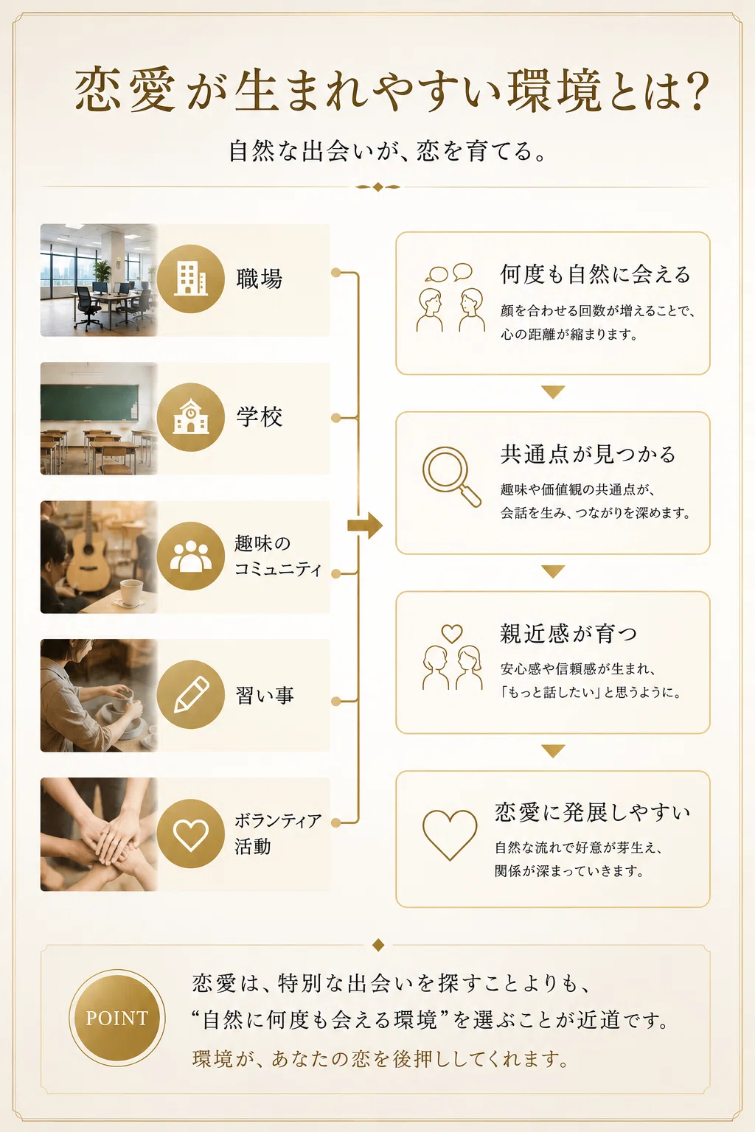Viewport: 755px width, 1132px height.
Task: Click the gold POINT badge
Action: pos(116,1017)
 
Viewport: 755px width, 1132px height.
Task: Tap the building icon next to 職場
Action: pos(191,279)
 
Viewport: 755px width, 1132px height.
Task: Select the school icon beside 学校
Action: pos(191,417)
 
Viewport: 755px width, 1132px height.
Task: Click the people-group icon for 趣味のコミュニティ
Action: pos(191,556)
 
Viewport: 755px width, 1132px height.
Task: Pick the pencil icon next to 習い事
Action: pos(191,694)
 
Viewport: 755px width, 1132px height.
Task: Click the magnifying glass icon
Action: pos(451,476)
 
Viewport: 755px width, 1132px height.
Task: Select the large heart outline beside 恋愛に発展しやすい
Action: pos(450,834)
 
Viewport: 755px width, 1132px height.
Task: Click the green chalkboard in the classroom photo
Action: pos(90,402)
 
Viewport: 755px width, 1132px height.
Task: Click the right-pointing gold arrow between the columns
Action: pos(365,525)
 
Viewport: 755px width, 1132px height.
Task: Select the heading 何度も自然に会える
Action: pos(595,274)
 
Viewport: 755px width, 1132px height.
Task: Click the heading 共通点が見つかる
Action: pos(588,454)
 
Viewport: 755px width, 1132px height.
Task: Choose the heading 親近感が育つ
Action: pos(568,633)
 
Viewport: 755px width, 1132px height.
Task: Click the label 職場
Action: pos(259,279)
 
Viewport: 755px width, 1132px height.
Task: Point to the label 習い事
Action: pos(265,695)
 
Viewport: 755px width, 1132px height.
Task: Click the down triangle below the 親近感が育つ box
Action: pos(553,751)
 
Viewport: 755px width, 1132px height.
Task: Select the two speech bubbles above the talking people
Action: pos(449,273)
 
